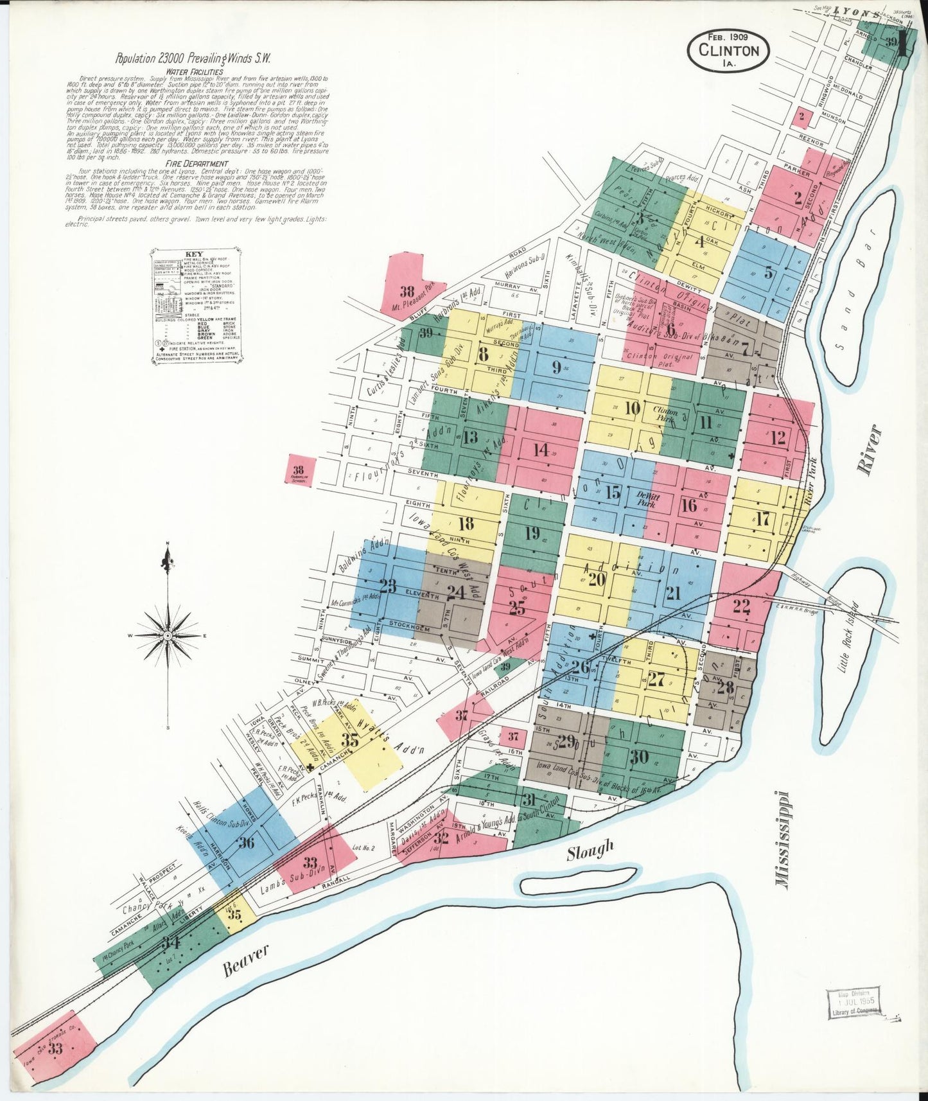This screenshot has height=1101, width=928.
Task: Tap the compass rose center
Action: (168, 635)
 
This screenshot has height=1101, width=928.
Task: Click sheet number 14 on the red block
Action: (541, 449)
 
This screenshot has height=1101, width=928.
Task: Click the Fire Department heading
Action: (197, 164)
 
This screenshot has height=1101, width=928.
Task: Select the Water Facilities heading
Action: (195, 72)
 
